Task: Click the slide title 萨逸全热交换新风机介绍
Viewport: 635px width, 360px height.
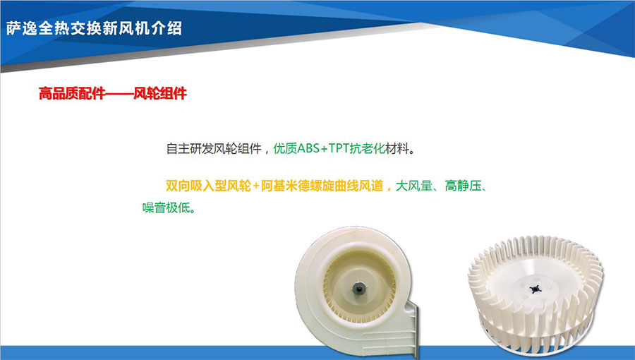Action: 94,28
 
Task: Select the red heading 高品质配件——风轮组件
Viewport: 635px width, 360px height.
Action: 113,94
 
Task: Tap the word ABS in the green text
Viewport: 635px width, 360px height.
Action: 308,149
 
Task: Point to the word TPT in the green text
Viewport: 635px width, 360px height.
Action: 339,149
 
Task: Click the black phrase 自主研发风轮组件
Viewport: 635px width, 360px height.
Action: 214,149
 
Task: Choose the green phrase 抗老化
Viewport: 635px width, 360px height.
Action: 368,149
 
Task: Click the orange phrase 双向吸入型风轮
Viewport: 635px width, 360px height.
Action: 208,186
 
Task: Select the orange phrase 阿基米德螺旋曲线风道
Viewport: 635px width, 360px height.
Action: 322,186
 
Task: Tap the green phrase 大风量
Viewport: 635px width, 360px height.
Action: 413,186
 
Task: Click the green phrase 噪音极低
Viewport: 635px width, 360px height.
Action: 166,208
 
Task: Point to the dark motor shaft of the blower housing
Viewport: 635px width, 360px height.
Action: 358,288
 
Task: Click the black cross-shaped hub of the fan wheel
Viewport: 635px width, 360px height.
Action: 535,289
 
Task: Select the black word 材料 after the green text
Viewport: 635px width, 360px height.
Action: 397,149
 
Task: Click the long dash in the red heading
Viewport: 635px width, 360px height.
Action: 119,94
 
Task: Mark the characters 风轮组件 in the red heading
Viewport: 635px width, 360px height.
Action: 160,94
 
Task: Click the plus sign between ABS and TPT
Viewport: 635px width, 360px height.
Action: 324,149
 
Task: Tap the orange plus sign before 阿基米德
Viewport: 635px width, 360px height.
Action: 256,186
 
